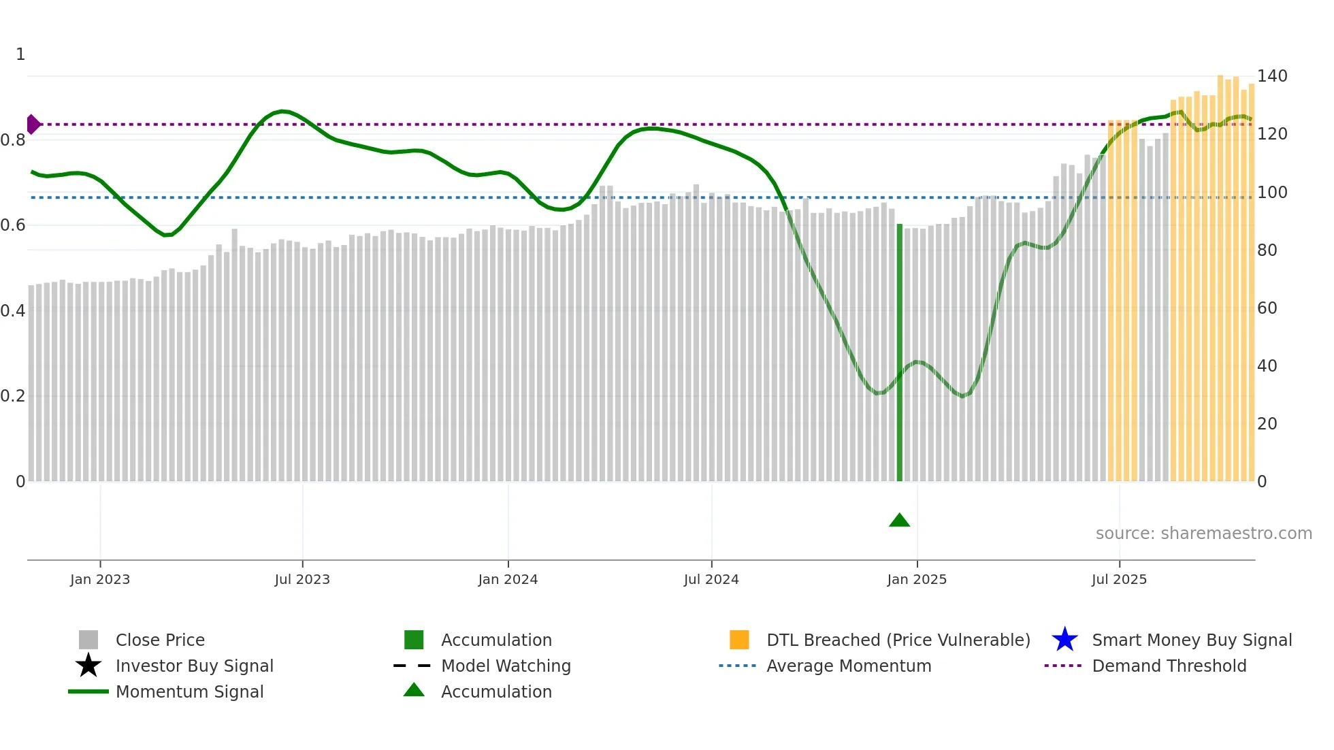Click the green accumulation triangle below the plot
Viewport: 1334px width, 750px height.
point(899,521)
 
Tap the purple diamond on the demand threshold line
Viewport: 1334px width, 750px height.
point(33,125)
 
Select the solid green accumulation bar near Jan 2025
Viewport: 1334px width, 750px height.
point(899,354)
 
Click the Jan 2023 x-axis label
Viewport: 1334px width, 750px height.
point(100,579)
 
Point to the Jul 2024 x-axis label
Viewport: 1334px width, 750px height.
point(711,579)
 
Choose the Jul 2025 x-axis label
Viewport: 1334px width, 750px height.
point(1119,579)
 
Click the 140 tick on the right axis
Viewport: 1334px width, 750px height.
point(1271,76)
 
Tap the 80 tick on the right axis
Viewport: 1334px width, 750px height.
point(1267,250)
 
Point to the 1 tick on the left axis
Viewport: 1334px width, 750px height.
point(20,54)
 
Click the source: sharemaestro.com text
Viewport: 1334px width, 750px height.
point(1203,534)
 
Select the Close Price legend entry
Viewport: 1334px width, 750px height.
point(160,640)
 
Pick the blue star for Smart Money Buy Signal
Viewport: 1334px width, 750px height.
point(1064,640)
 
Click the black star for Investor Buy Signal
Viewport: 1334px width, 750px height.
point(88,666)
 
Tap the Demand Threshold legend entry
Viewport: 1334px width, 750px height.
point(1169,666)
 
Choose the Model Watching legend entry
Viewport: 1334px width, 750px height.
point(506,666)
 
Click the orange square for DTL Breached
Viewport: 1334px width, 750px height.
point(739,640)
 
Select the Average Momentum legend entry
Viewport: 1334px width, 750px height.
point(848,666)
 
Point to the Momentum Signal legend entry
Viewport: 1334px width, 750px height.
point(189,691)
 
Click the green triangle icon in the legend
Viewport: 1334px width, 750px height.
point(414,690)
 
